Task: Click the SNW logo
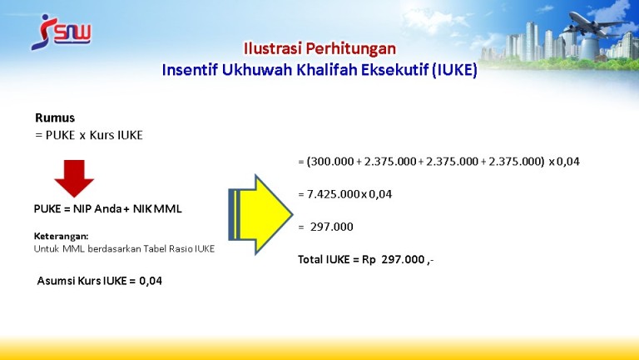click(x=61, y=32)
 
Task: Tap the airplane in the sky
click(x=596, y=24)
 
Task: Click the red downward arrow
click(x=74, y=178)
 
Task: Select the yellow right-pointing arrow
click(x=260, y=214)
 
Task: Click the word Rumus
click(x=55, y=118)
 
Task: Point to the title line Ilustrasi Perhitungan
click(x=319, y=48)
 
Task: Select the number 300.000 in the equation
click(x=330, y=162)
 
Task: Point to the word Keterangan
click(x=61, y=237)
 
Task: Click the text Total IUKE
click(x=324, y=260)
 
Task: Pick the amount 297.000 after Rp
click(x=403, y=260)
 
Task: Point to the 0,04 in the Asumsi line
click(x=151, y=281)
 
